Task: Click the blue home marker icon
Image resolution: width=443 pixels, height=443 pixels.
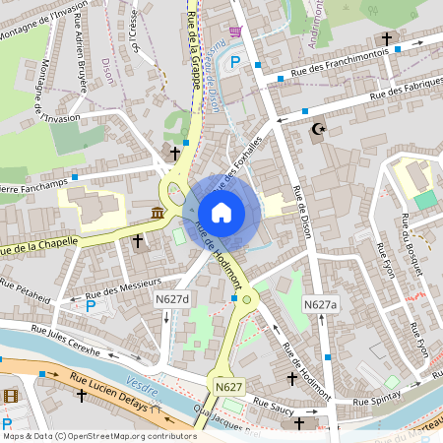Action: (221, 212)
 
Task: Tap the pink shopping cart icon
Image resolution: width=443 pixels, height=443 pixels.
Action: (235, 32)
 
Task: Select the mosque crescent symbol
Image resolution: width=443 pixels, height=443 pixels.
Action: (317, 128)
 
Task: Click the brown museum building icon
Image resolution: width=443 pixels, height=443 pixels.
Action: (158, 214)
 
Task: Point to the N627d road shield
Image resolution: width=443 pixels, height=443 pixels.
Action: (170, 298)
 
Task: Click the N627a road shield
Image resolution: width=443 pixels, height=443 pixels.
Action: (320, 305)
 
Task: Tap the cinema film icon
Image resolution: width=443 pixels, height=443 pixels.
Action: (11, 395)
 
